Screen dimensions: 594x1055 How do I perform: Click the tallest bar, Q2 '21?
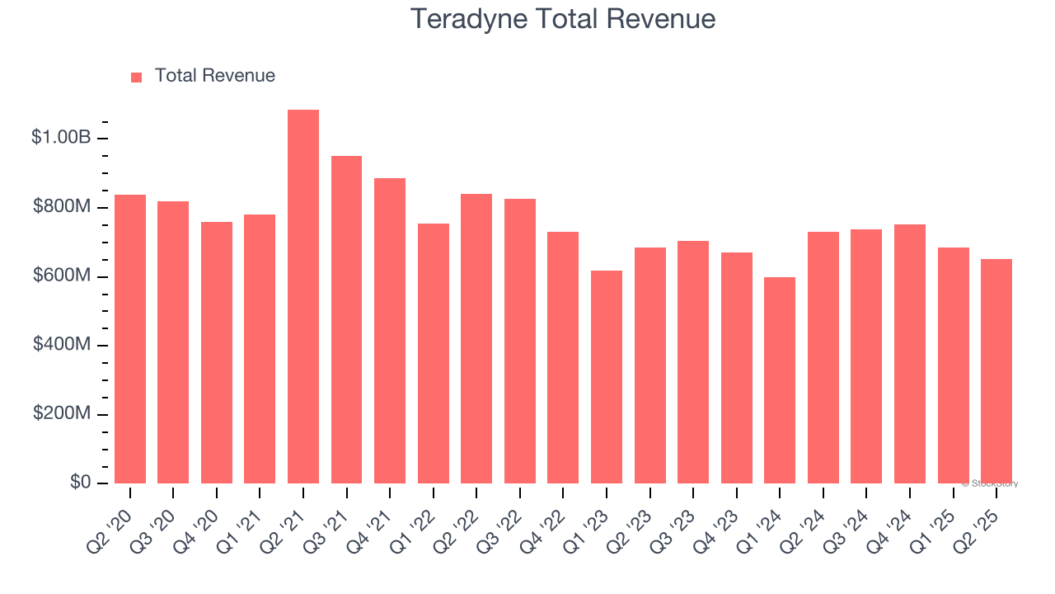tap(303, 297)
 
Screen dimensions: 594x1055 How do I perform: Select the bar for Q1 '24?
tap(780, 380)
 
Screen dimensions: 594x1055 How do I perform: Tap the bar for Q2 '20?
tap(130, 339)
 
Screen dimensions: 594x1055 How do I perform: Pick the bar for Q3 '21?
tap(346, 320)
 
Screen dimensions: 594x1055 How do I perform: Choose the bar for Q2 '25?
tap(996, 371)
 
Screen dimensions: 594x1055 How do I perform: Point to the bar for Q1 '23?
tap(607, 377)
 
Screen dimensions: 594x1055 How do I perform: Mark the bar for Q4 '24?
tap(910, 354)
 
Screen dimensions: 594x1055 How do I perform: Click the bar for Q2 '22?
tap(476, 339)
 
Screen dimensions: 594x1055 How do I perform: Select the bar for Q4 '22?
tap(563, 358)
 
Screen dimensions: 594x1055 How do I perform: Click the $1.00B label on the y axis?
tap(61, 138)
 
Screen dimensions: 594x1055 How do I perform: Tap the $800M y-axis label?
tap(62, 207)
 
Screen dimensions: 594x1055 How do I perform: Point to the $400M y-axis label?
tap(62, 345)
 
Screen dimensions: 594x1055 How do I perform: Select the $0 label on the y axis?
tap(80, 483)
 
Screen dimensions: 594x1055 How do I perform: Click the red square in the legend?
tap(137, 77)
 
